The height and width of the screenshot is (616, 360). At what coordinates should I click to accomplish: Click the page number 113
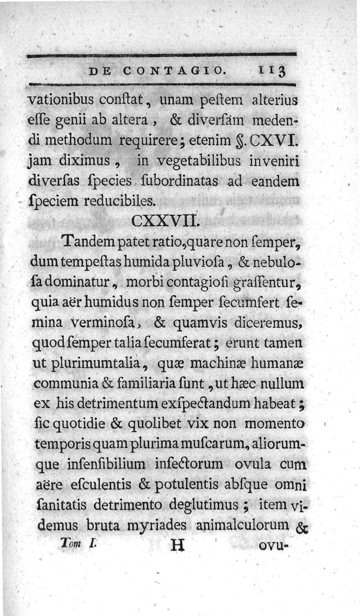click(272, 71)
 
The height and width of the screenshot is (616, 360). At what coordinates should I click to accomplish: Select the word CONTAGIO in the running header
click(173, 71)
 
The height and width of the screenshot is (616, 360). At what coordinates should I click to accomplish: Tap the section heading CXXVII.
click(164, 222)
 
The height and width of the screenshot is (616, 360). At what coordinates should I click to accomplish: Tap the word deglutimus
click(205, 505)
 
